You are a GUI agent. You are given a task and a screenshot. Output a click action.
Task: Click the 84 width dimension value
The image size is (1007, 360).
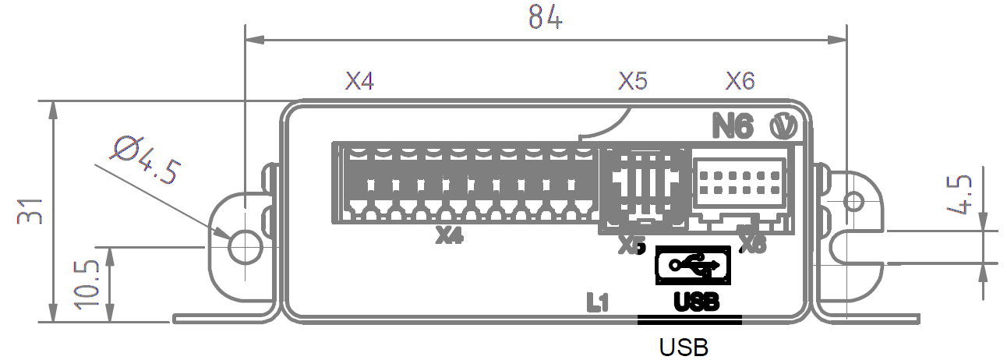[x=545, y=18]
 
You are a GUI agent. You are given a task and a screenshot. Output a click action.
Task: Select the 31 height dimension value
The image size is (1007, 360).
[x=30, y=211]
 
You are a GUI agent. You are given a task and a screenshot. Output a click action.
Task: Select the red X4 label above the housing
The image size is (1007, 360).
[x=360, y=81]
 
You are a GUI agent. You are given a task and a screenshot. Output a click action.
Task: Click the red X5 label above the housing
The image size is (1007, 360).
[x=633, y=81]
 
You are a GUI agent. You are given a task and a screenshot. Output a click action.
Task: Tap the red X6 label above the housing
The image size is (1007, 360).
[x=740, y=81]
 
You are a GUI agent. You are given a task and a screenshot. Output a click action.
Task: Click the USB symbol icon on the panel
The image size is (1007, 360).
[x=693, y=266]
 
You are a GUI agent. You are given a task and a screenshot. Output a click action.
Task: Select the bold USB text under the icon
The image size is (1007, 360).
[x=694, y=301]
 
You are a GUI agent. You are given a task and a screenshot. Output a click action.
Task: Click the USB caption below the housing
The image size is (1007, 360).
[x=684, y=345]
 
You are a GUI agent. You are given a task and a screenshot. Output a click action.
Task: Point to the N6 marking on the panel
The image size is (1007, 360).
[x=733, y=126]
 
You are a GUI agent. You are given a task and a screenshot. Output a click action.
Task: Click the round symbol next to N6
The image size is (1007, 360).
[x=782, y=125]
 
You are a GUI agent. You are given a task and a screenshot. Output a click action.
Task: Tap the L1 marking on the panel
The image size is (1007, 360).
[x=598, y=302]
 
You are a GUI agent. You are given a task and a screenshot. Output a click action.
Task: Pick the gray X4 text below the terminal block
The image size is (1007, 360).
[x=450, y=235]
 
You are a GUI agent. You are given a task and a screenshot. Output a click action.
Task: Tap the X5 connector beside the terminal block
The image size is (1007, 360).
[x=644, y=187]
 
